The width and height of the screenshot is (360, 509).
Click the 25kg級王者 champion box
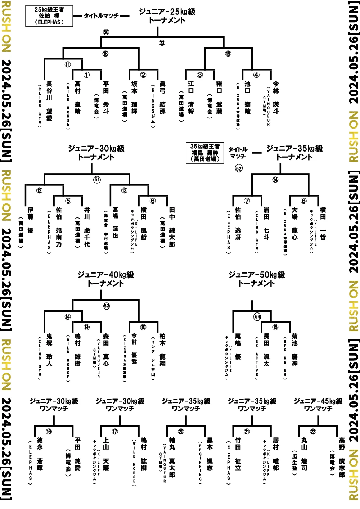pyautogui.click(x=49, y=16)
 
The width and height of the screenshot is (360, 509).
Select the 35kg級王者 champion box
pyautogui.click(x=205, y=153)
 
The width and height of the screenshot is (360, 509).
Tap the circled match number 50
pyautogui.click(x=105, y=32)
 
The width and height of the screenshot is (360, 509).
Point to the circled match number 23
pyautogui.click(x=162, y=43)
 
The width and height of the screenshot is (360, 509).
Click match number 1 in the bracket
pyautogui.click(x=86, y=75)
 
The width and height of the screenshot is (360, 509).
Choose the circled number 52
pyautogui.click(x=239, y=168)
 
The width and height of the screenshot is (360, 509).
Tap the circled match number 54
pyautogui.click(x=257, y=317)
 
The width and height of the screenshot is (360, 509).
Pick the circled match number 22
pyautogui.click(x=313, y=432)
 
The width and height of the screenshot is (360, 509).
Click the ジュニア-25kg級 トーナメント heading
pyautogui.click(x=167, y=16)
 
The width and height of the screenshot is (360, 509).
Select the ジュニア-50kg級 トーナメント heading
pyautogui.click(x=257, y=279)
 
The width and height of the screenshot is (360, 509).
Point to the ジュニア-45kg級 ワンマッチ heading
pyautogui.click(x=318, y=405)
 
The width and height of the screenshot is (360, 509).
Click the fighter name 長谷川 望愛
pyautogui.click(x=49, y=101)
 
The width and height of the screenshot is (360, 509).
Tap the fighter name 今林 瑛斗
pyautogui.click(x=276, y=97)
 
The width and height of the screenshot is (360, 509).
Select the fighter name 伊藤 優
pyautogui.click(x=30, y=220)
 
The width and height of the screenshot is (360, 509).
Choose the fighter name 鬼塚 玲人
pyautogui.click(x=49, y=349)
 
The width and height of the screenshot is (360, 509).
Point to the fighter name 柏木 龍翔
pyautogui.click(x=162, y=349)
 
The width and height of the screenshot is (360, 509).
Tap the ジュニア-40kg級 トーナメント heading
pyautogui.click(x=106, y=279)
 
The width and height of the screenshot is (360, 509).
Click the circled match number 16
pyautogui.click(x=49, y=432)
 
